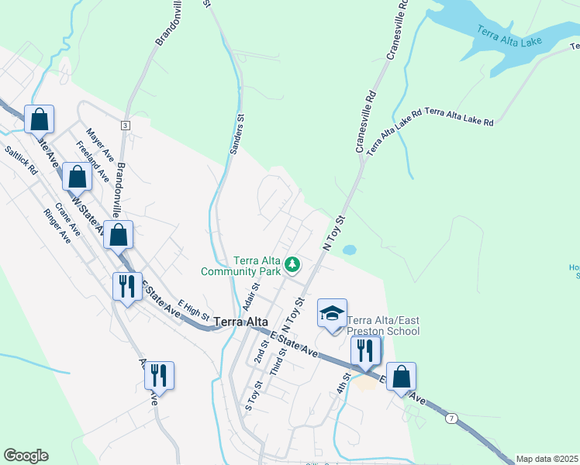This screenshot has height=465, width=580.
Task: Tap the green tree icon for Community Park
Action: pyautogui.click(x=292, y=265)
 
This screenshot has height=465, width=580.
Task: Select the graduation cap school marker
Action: pyautogui.click(x=333, y=314)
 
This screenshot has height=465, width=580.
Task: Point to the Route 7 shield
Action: pyautogui.click(x=452, y=418)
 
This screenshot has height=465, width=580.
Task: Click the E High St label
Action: pyautogui.click(x=194, y=312)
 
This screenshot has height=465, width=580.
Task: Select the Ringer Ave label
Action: pyautogui.click(x=57, y=226)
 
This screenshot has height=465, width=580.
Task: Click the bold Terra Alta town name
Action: pyautogui.click(x=240, y=322)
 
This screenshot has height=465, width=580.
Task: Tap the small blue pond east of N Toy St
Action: pyautogui.click(x=350, y=250)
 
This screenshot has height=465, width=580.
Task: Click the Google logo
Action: pyautogui.click(x=26, y=456)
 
